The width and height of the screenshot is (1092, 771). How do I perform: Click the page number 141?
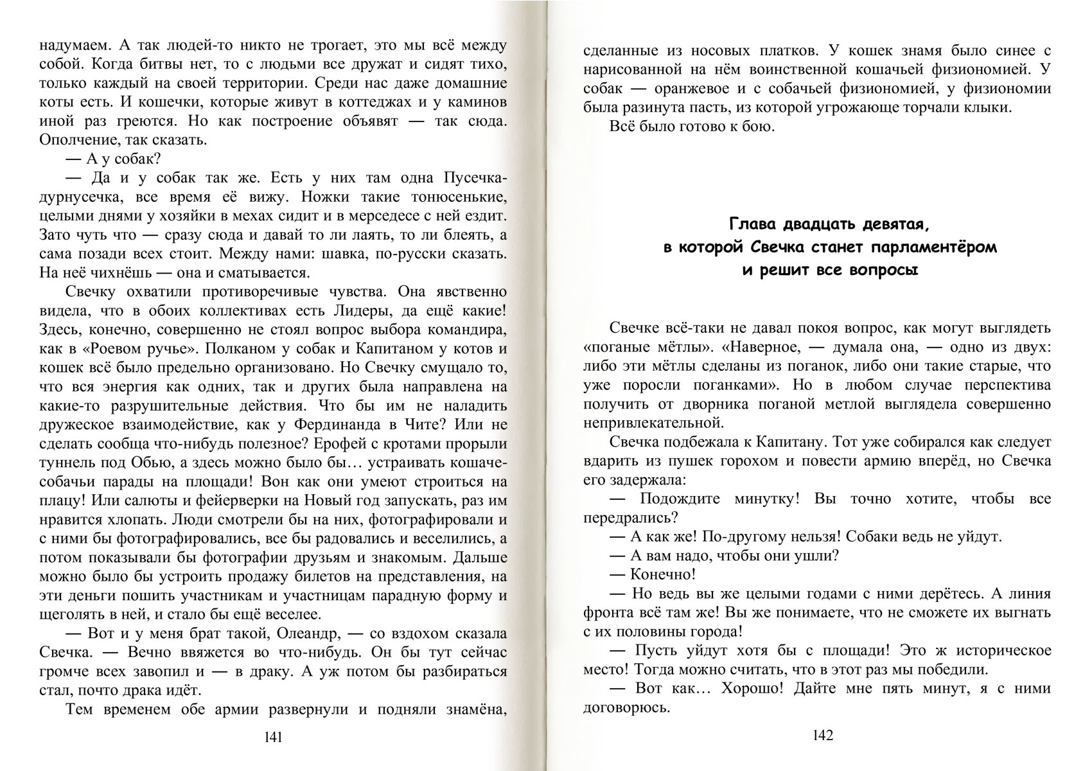pyautogui.click(x=274, y=737)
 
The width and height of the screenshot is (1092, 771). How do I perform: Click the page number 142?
pyautogui.click(x=823, y=735)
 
